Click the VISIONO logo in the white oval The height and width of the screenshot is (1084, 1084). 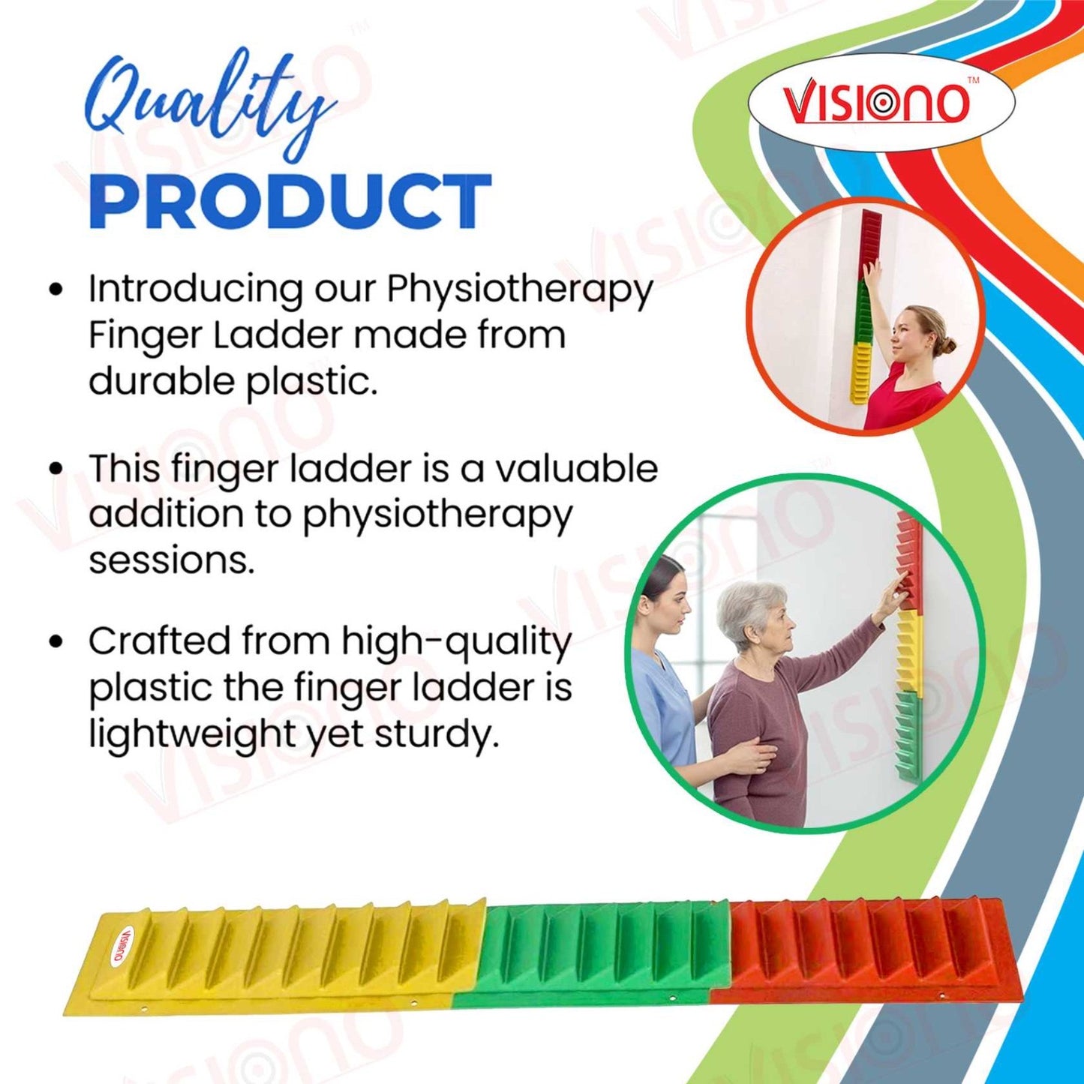pos(875,103)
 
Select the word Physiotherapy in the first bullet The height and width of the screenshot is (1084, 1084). pos(520,290)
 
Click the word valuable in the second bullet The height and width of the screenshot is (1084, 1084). pos(575,469)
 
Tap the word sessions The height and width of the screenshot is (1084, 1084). pos(172,560)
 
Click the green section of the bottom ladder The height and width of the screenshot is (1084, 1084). pos(600,949)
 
